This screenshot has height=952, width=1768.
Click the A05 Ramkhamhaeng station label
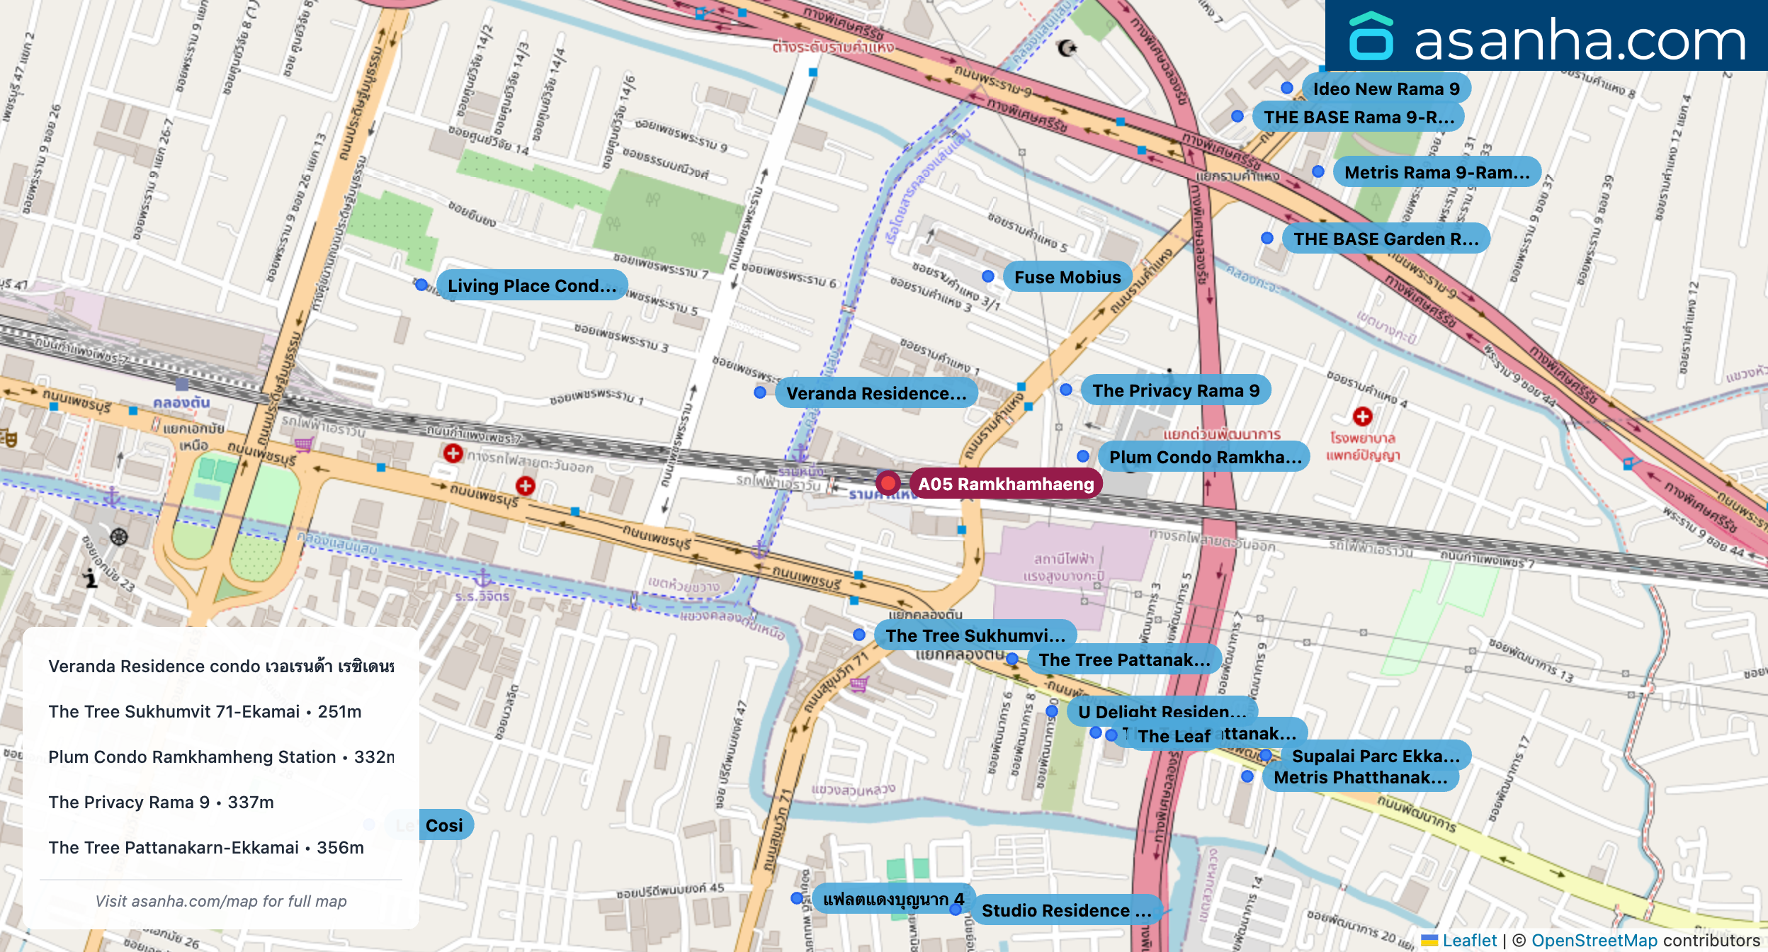click(1006, 484)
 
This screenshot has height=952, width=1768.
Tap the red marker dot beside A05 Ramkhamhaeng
click(888, 483)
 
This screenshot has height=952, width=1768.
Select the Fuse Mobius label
click(1067, 277)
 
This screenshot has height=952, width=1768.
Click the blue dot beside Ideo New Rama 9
click(1287, 88)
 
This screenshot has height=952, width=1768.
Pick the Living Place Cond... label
click(531, 285)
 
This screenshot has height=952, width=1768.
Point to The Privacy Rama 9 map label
click(1175, 390)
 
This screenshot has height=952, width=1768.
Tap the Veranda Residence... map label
click(875, 393)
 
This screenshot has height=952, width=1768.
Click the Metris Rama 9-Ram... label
click(1436, 172)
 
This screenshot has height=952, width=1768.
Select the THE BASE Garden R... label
click(1385, 239)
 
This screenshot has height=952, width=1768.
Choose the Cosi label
click(444, 825)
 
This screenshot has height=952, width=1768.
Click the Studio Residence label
click(1065, 910)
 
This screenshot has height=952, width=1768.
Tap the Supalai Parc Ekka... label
click(1375, 756)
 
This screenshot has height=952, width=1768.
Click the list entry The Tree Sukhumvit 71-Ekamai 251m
click(205, 711)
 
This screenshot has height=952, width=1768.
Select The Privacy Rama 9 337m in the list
click(161, 802)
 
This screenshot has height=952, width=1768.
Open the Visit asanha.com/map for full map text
click(221, 901)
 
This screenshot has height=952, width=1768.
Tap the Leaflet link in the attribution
click(1469, 940)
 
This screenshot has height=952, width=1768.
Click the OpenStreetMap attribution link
click(1594, 940)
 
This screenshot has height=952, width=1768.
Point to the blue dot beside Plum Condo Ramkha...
click(1083, 456)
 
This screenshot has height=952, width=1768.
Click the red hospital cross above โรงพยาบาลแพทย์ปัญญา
click(1362, 416)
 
